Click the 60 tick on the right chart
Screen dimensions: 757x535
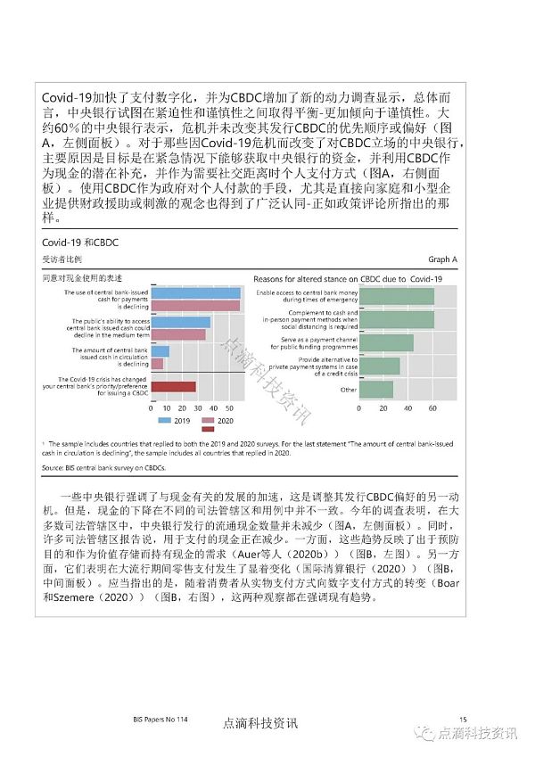coord(432,407)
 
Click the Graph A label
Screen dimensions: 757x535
coord(442,259)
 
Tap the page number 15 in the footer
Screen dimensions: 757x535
coord(463,719)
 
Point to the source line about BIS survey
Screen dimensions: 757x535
coord(104,466)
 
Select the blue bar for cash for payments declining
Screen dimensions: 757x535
coord(195,292)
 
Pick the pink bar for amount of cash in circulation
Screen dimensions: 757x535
coord(157,363)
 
